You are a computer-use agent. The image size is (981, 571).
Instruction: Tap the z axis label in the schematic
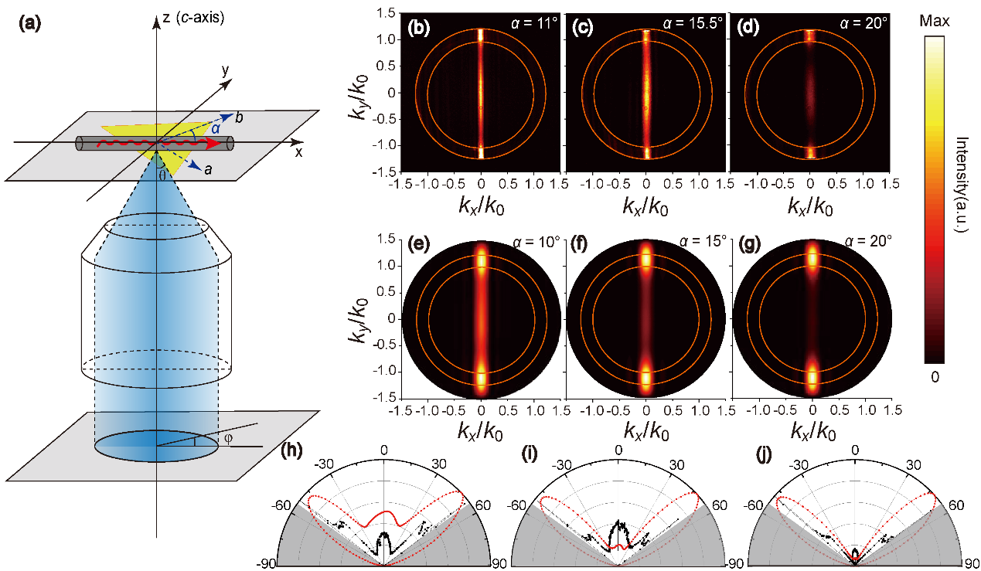pos(165,17)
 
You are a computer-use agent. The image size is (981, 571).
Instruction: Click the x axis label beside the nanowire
pos(298,152)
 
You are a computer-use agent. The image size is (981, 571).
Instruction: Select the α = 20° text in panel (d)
pos(863,23)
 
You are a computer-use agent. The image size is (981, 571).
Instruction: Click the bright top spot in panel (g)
pos(812,256)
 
